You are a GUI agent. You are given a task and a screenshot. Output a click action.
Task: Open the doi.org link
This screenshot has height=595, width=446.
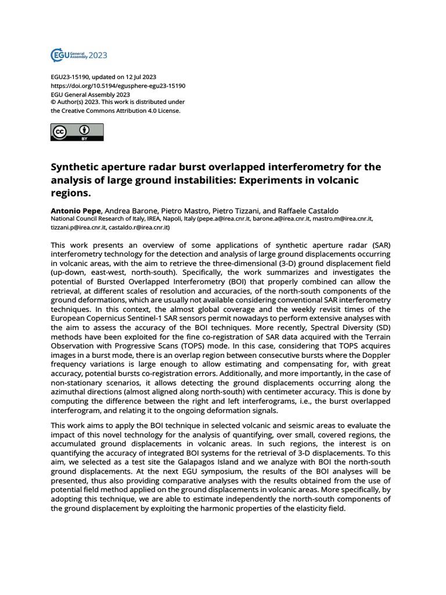[x=118, y=86]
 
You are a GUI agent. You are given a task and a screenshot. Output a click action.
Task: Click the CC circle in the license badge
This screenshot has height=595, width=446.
[x=59, y=132]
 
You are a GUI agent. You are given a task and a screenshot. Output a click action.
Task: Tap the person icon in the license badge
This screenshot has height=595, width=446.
[x=85, y=130]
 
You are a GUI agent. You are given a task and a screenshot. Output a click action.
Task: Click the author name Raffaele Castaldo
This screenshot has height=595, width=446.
[x=314, y=210]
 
